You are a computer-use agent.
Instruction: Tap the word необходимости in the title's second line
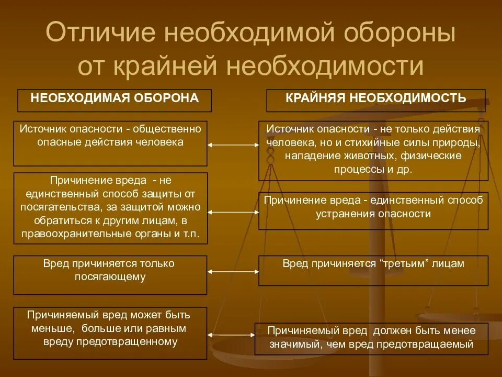pos(325,65)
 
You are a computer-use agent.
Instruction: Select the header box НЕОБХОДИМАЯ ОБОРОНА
pos(115,99)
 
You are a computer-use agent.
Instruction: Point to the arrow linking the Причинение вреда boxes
pos(233,212)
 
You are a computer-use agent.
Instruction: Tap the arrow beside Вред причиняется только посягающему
pos(233,272)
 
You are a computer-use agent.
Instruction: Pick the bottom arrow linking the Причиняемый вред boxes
pos(233,334)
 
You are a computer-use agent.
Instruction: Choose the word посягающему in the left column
pos(110,277)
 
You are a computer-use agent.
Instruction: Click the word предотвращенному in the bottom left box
pos(134,342)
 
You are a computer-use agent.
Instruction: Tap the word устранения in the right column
pos(341,214)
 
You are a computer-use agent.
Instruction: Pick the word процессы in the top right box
pos(355,169)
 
